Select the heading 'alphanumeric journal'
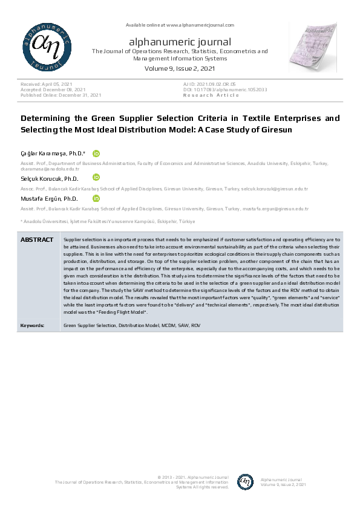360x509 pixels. click(x=180, y=42)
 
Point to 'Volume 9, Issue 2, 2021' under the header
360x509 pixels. click(x=180, y=69)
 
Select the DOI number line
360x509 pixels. click(x=225, y=89)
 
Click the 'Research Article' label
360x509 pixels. click(x=211, y=95)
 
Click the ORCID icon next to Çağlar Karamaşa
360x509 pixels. click(x=96, y=154)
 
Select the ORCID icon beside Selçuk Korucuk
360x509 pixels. click(x=96, y=177)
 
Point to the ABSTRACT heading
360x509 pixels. click(x=37, y=240)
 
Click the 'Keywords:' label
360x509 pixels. click(x=32, y=325)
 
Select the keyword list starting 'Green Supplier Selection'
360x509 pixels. click(x=131, y=325)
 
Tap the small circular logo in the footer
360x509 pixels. click(x=245, y=482)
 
